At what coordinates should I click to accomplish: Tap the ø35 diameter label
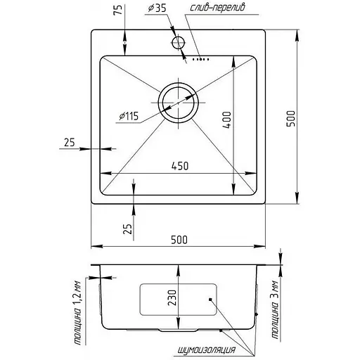[x=157, y=8]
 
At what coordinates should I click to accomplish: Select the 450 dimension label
[x=179, y=166]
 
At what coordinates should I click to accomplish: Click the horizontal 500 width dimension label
[x=179, y=240]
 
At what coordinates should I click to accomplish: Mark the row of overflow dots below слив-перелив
[x=200, y=60]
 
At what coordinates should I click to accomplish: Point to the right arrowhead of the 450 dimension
[x=252, y=174]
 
